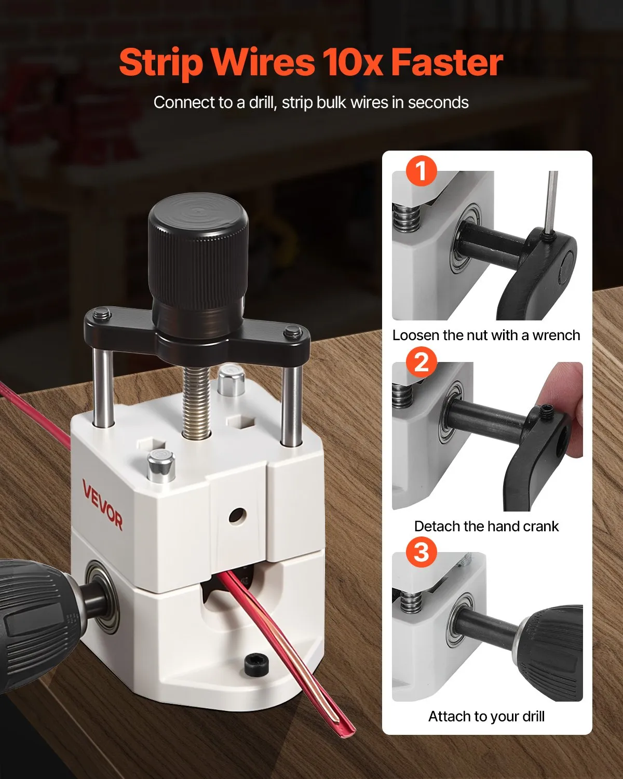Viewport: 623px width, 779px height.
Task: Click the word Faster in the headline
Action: pyautogui.click(x=446, y=62)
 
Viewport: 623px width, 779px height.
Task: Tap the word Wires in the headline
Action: pyautogui.click(x=263, y=62)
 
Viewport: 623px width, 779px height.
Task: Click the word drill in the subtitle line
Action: pyautogui.click(x=262, y=102)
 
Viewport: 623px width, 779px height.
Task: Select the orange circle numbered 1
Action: pyautogui.click(x=421, y=170)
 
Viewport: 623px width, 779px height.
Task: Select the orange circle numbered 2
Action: pyautogui.click(x=421, y=361)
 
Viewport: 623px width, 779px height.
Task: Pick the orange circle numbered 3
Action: pyautogui.click(x=421, y=552)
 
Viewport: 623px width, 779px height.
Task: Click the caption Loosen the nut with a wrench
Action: pyautogui.click(x=486, y=335)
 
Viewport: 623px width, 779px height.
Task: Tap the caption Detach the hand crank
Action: pyautogui.click(x=486, y=526)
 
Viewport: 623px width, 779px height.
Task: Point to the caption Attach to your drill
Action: pyautogui.click(x=486, y=717)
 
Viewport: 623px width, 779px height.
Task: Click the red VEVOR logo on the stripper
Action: pyautogui.click(x=102, y=505)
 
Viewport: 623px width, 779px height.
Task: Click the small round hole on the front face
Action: pyautogui.click(x=236, y=516)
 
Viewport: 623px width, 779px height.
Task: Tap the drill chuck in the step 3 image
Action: pyautogui.click(x=550, y=644)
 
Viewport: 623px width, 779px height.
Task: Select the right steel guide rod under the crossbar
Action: pyautogui.click(x=292, y=405)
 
